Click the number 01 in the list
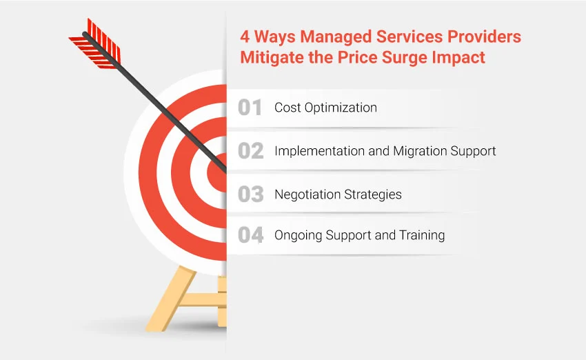coord(250,108)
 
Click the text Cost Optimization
coord(325,108)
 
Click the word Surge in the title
coord(388,57)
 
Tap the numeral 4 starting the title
coord(245,36)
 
